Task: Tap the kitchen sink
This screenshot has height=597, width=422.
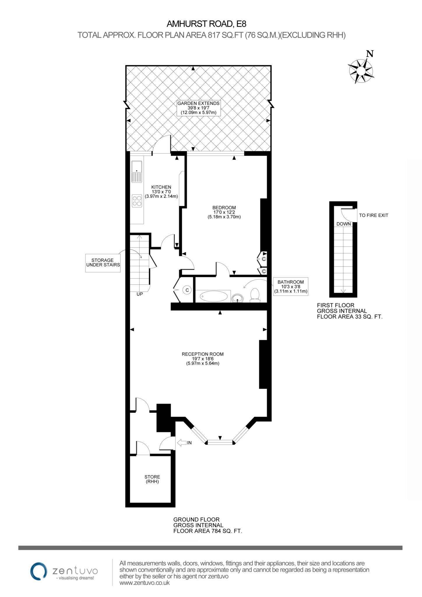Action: [137, 172]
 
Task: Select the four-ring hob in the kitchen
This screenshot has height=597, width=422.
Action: [137, 201]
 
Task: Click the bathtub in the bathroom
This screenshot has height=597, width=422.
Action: [213, 296]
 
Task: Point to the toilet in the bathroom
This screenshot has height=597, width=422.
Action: [255, 295]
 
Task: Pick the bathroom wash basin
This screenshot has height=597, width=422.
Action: [238, 298]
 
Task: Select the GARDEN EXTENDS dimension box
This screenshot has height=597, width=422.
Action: [198, 108]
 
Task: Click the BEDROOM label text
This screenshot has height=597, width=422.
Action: [224, 208]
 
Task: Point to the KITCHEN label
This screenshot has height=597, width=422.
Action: [161, 187]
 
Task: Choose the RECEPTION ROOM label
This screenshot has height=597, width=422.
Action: [203, 354]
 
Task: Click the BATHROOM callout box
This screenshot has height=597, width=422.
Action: [291, 286]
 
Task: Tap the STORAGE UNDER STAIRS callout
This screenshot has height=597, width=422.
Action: [103, 263]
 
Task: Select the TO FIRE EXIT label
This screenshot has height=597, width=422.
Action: [374, 215]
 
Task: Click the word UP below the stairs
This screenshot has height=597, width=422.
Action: [140, 294]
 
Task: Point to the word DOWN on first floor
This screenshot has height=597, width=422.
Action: [344, 224]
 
